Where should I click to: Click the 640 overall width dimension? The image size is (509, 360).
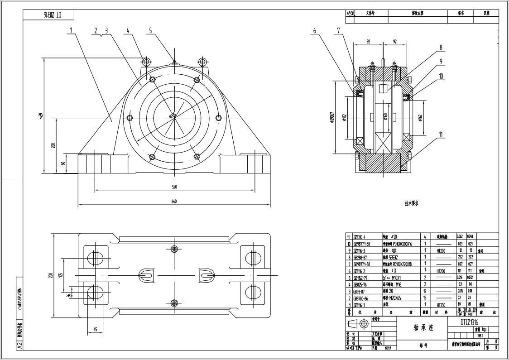coord(174,202)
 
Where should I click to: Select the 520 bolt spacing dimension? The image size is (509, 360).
coord(174,187)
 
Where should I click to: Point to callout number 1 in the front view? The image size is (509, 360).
coord(71,31)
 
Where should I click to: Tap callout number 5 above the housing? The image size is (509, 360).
coord(151,31)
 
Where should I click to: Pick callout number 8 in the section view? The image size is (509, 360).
coord(440,47)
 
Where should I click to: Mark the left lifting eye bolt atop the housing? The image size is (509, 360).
coord(145,61)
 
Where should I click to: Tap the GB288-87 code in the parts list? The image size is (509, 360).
coord(360,257)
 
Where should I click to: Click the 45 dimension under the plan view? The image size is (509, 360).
coord(95,329)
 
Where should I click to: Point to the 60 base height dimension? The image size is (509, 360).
coord(63,163)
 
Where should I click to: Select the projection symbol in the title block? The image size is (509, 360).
coord(359,324)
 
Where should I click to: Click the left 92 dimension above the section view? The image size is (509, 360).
coord(368,42)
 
